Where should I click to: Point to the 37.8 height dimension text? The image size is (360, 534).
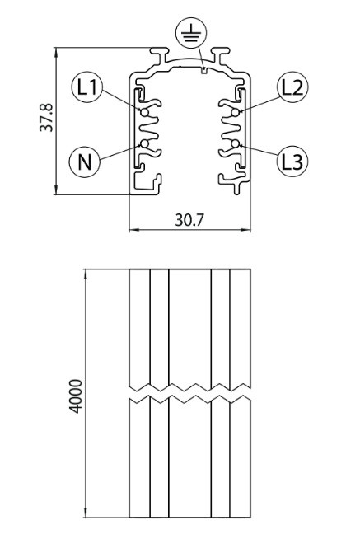(46, 118)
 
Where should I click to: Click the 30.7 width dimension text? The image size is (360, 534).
(189, 220)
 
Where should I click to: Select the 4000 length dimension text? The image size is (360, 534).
(76, 396)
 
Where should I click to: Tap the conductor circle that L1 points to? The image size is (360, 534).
(145, 112)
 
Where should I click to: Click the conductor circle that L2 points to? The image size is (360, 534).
(235, 112)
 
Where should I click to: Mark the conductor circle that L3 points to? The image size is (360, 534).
(235, 143)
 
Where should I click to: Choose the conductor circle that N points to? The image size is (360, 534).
(145, 143)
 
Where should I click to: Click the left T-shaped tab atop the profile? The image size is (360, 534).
(159, 54)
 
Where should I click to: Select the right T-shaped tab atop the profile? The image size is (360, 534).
(221, 54)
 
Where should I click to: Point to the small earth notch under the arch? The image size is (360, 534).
(203, 71)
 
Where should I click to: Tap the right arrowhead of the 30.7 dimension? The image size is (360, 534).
(245, 230)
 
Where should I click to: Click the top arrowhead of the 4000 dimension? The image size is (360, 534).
(86, 274)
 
